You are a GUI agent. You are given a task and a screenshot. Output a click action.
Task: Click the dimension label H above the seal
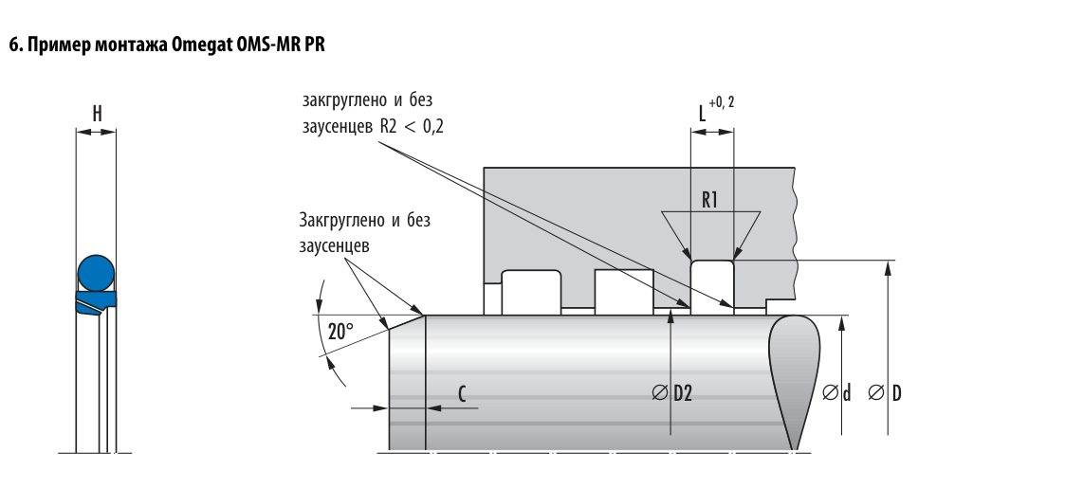pos(97,114)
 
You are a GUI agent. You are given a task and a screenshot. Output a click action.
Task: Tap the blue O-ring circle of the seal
pos(96,274)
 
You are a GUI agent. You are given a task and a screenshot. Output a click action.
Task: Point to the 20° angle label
pos(341,332)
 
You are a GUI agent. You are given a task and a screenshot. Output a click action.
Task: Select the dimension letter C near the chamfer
pos(462,393)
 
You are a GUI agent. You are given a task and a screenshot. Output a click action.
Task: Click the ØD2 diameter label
pos(672,393)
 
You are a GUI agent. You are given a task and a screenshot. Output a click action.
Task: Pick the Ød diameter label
pos(836,393)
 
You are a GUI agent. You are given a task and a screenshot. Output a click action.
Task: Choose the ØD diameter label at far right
pos(885,393)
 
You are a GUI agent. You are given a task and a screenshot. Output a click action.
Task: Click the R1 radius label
pos(709,201)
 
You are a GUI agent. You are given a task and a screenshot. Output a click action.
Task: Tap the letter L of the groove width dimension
pos(703,114)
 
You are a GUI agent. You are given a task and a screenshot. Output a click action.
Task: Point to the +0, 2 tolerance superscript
pos(722,103)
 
